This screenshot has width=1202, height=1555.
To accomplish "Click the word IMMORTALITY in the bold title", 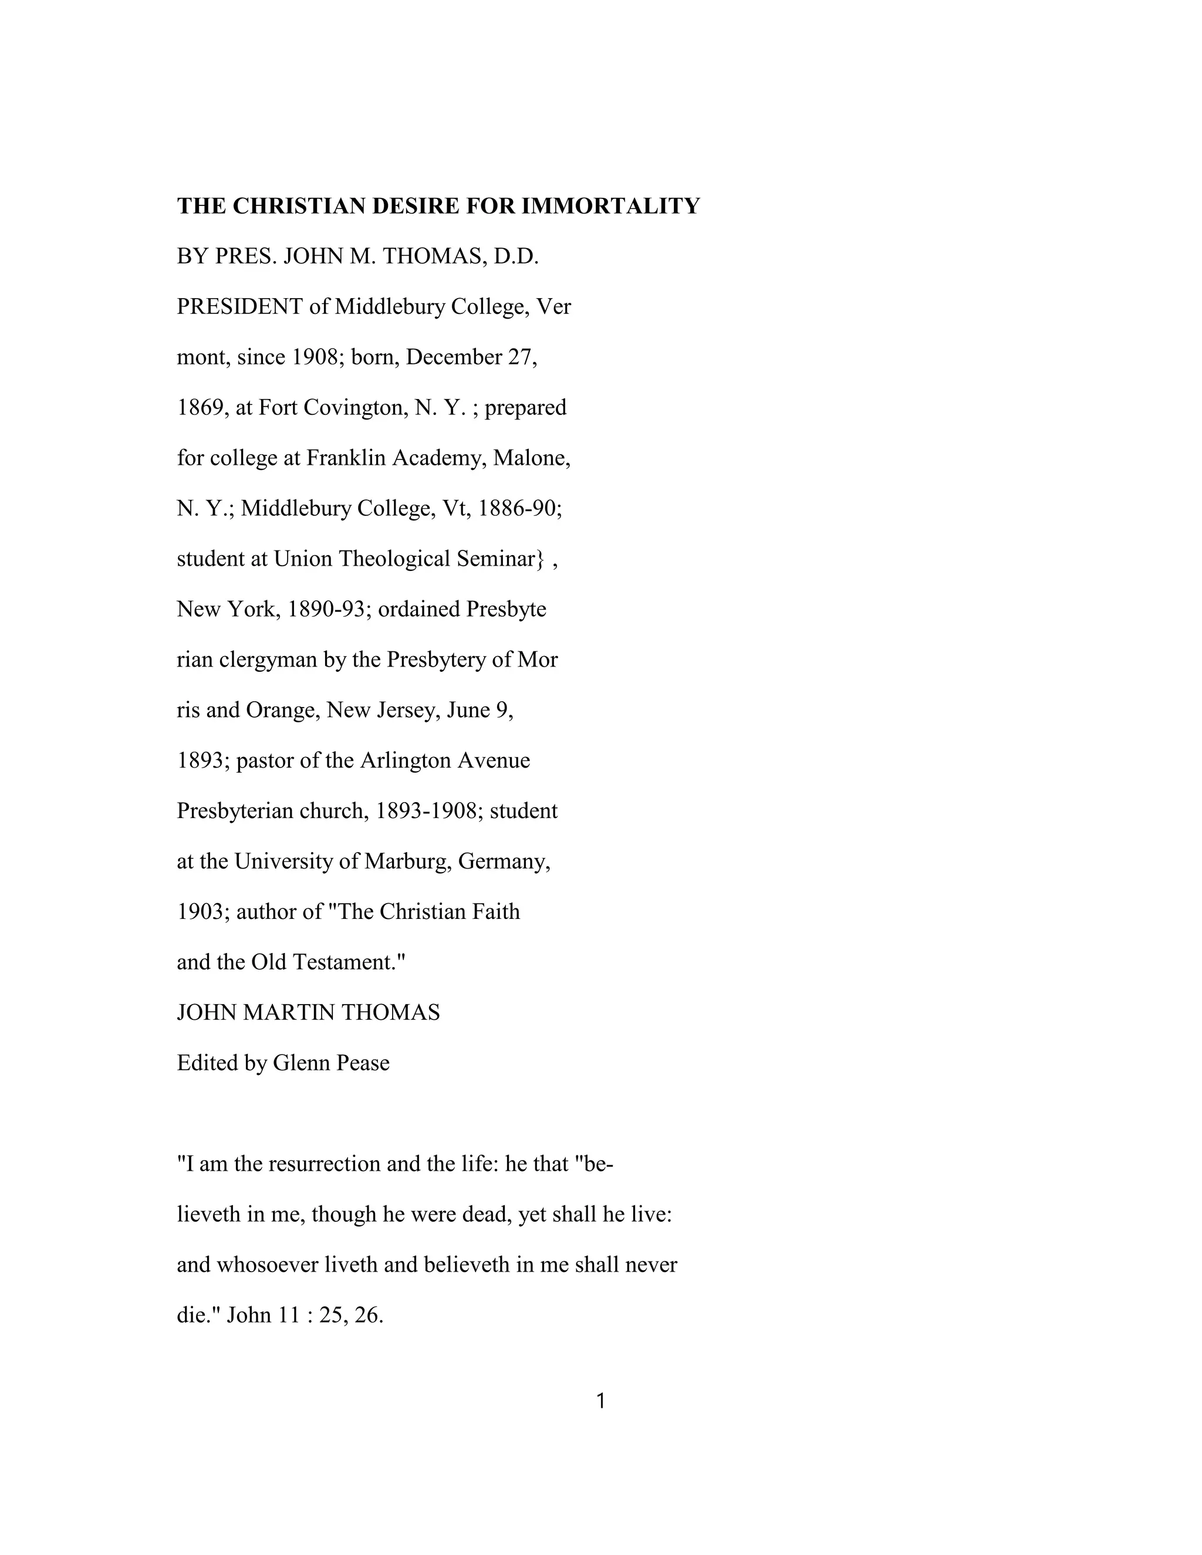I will pos(611,206).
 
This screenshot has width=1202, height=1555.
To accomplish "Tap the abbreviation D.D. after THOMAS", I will pos(515,256).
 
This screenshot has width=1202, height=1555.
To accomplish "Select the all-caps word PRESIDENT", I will pos(239,307).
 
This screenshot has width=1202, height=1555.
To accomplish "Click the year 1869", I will pos(200,407).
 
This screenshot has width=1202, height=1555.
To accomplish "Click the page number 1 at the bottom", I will pos(601,1402).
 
